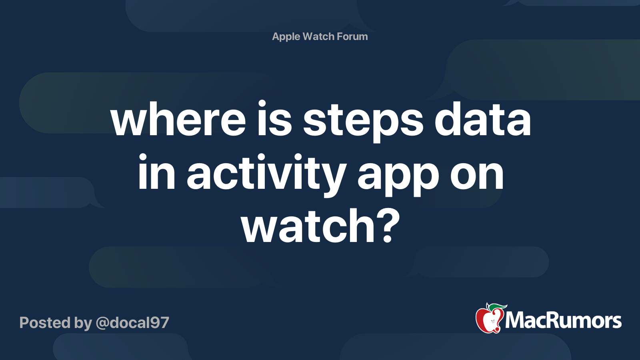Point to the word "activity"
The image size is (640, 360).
266,174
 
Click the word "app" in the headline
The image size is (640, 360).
398,176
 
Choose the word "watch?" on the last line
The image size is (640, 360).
320,226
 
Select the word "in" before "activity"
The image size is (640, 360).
156,174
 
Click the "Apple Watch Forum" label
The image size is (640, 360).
320,36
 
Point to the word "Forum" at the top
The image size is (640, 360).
352,36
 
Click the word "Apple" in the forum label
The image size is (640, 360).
286,37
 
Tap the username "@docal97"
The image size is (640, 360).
132,323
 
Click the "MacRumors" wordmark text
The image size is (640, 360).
563,321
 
